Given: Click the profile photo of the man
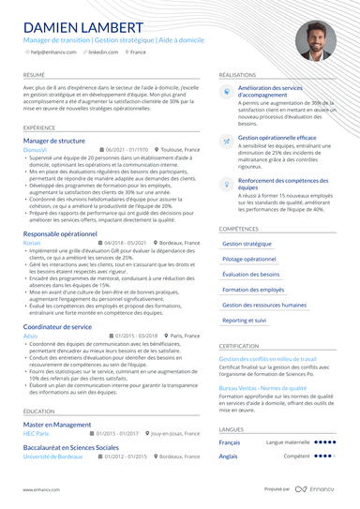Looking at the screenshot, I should [x=315, y=41].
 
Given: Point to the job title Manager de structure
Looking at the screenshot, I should [x=53, y=141].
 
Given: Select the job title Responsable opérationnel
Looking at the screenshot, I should [x=59, y=232].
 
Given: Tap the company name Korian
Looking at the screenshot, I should [x=31, y=242].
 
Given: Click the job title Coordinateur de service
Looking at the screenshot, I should [x=57, y=325].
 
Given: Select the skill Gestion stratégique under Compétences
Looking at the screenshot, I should [x=247, y=244].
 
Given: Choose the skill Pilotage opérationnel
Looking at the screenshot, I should [x=249, y=259].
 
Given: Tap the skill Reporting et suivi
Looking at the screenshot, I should [x=245, y=320].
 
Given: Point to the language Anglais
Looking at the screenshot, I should [x=229, y=457].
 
